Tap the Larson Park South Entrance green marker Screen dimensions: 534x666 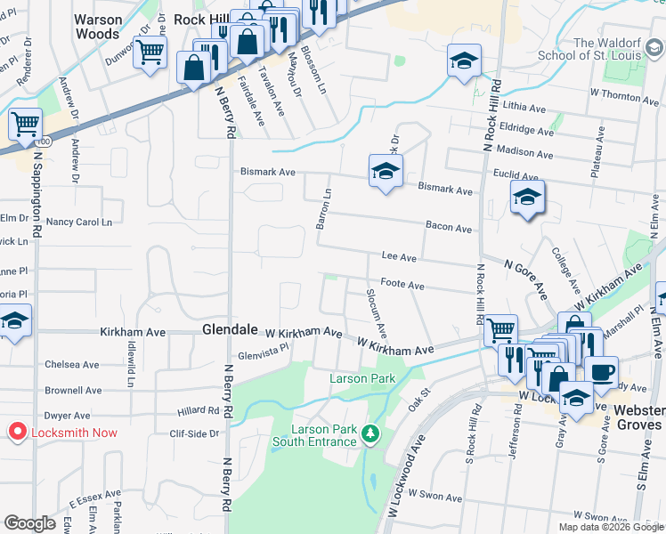[x=370, y=434]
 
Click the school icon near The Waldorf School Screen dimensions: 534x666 [x=464, y=61]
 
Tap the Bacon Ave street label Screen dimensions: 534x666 [x=448, y=229]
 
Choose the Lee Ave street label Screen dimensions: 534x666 [x=399, y=257]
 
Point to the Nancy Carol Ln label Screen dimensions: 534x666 [x=79, y=222]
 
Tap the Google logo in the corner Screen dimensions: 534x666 [x=29, y=523]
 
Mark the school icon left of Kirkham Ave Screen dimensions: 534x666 [x=14, y=320]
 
